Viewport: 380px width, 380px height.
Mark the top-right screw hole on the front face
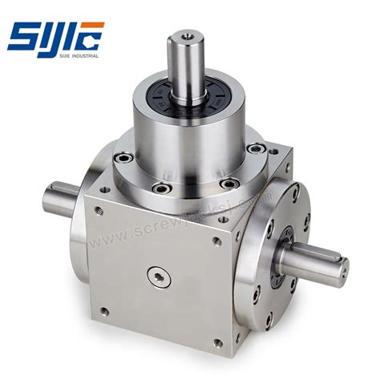click(216, 240)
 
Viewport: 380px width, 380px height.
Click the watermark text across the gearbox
click(184, 220)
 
